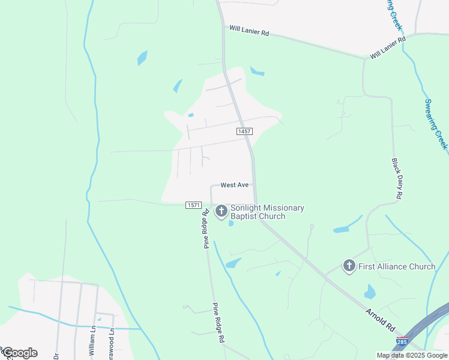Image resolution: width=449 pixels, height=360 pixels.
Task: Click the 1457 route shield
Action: pyautogui.click(x=244, y=131)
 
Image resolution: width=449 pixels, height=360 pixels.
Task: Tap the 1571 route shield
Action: pyautogui.click(x=193, y=205)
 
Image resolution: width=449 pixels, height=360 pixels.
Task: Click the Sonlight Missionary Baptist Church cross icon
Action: pyautogui.click(x=221, y=211)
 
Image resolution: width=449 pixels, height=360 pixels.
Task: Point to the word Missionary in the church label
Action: pyautogui.click(x=282, y=208)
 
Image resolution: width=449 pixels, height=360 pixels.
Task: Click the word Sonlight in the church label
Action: pyautogui.click(x=246, y=208)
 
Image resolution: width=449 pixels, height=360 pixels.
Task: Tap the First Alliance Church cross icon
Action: pyautogui.click(x=349, y=266)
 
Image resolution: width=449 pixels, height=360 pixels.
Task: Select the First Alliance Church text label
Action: pyautogui.click(x=397, y=266)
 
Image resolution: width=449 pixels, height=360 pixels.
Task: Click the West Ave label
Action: pyautogui.click(x=234, y=185)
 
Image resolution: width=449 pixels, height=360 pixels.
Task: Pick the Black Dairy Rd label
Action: pyautogui.click(x=397, y=179)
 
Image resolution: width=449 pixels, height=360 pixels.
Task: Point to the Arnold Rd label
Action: pyautogui.click(x=381, y=320)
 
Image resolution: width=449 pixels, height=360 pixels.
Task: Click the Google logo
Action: pyautogui.click(x=19, y=353)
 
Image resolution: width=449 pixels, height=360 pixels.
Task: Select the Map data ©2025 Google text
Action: pyautogui.click(x=412, y=355)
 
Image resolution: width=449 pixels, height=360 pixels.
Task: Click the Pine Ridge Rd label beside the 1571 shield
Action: pyautogui.click(x=206, y=227)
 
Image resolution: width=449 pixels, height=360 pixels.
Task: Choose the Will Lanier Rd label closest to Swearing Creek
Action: pyautogui.click(x=388, y=47)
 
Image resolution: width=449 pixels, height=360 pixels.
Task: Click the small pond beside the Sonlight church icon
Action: pyautogui.click(x=231, y=224)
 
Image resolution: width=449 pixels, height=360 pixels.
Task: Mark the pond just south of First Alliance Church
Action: pyautogui.click(x=370, y=292)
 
